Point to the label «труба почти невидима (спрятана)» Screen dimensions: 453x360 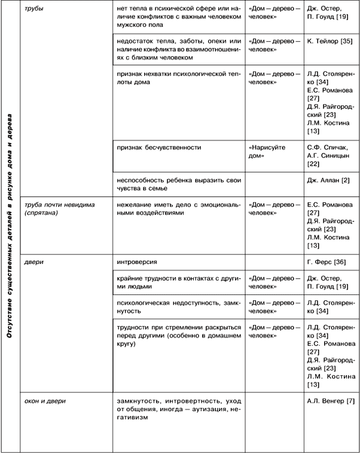point(56,209)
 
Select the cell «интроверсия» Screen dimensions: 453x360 point(137,262)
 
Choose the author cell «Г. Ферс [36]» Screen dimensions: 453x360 point(327,262)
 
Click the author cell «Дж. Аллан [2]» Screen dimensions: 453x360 point(328,181)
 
